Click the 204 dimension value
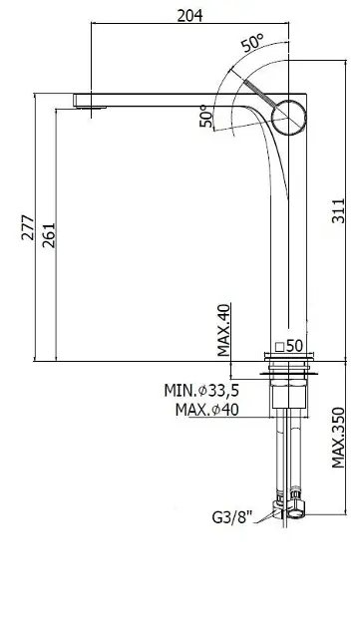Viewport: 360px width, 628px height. tap(190, 16)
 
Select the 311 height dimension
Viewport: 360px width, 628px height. tap(338, 210)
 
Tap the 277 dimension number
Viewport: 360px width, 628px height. tap(28, 227)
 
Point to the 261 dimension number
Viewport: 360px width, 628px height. tap(49, 235)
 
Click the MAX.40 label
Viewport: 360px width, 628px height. tap(224, 330)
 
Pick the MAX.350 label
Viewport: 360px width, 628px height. tap(338, 438)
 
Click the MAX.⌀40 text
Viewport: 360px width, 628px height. tap(206, 410)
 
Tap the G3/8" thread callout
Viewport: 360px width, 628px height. tap(232, 517)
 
